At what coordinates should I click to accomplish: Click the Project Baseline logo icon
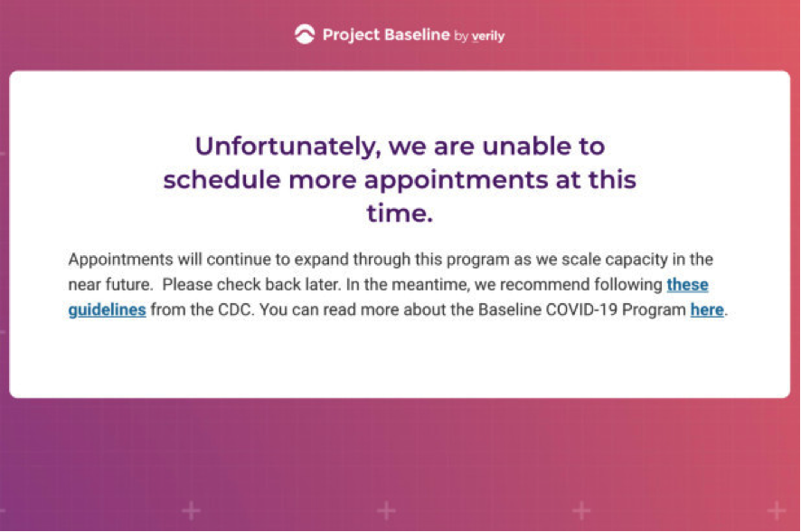pyautogui.click(x=305, y=34)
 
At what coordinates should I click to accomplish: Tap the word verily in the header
pyautogui.click(x=488, y=36)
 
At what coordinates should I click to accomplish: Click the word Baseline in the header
pyautogui.click(x=417, y=34)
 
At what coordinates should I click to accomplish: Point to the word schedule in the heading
pyautogui.click(x=221, y=180)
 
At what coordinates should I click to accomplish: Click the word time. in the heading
pyautogui.click(x=400, y=214)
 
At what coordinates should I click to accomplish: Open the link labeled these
pyautogui.click(x=688, y=285)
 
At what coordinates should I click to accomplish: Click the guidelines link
pyautogui.click(x=108, y=310)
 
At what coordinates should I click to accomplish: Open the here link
pyautogui.click(x=707, y=309)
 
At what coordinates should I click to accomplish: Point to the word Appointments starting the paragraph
pyautogui.click(x=121, y=260)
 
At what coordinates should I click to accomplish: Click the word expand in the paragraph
pyautogui.click(x=321, y=260)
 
